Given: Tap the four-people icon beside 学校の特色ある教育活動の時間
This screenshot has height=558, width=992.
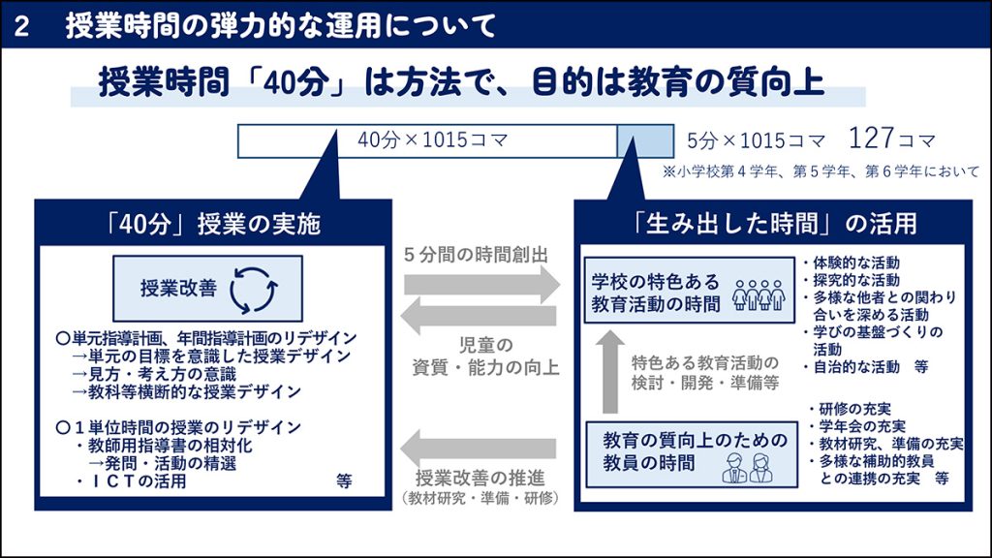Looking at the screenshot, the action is tap(758, 293).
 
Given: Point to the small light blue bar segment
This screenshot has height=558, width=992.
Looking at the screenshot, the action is tap(643, 140).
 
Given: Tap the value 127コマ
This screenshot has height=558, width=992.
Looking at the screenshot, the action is tap(892, 139).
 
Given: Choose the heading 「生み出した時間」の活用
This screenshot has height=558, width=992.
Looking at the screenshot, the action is tap(770, 224).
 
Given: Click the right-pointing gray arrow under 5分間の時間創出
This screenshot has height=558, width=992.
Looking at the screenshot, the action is tap(481, 286).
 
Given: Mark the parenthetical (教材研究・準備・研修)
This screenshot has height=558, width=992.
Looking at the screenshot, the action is tap(480, 498).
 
